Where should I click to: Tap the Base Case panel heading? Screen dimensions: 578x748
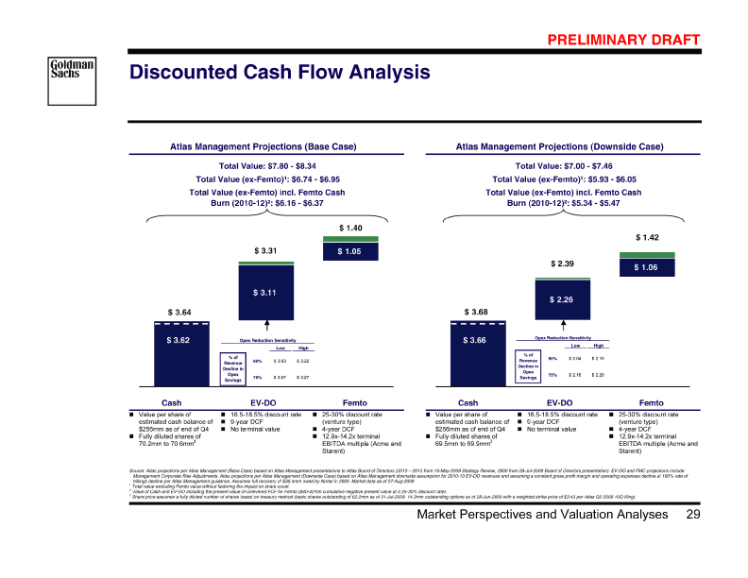click(263, 146)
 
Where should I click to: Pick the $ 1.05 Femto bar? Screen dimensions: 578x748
click(350, 252)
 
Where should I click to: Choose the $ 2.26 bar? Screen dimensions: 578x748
click(562, 300)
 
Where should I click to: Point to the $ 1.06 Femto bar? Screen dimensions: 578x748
click(648, 267)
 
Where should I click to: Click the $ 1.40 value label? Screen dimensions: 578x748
click(350, 228)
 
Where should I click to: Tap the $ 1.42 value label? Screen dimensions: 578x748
click(648, 238)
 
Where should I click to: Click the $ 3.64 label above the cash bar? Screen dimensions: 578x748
click(179, 312)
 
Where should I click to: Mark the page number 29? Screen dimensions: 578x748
click(694, 540)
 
